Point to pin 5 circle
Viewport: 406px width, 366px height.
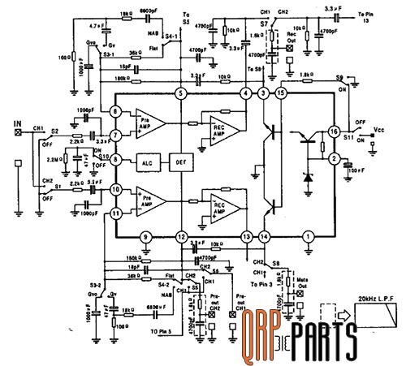[x=181, y=95]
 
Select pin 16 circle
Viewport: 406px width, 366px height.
[x=333, y=131]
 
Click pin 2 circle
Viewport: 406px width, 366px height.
[x=333, y=161]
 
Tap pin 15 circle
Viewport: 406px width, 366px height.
[x=282, y=95]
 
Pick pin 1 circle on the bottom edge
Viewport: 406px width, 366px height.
[x=307, y=236]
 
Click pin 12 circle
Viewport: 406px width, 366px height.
[x=181, y=236]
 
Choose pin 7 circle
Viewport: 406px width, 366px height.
[x=116, y=135]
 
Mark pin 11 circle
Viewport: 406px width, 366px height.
[x=116, y=213]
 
